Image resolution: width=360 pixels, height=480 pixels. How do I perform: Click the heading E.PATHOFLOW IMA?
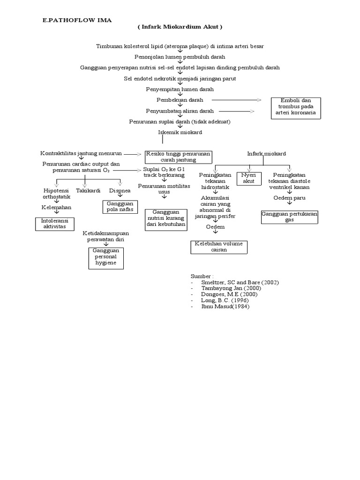click(77, 20)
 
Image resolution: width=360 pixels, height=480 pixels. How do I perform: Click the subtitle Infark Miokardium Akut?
click(180, 27)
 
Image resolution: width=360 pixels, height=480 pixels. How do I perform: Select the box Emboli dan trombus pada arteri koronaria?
click(296, 107)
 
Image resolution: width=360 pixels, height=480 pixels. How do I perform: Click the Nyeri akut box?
click(248, 179)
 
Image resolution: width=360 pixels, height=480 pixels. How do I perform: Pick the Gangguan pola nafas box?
click(120, 207)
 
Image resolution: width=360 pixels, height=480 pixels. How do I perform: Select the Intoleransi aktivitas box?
click(54, 224)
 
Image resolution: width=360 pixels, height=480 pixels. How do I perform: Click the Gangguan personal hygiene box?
click(106, 258)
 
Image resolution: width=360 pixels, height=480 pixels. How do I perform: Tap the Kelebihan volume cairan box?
click(219, 247)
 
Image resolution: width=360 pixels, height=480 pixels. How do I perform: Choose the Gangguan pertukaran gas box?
click(289, 217)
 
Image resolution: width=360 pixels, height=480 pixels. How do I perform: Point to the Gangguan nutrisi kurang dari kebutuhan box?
click(165, 219)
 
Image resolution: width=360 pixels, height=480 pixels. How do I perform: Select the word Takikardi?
click(88, 191)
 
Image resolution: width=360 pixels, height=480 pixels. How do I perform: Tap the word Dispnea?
click(120, 191)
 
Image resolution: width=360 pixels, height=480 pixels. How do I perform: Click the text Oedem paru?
click(289, 198)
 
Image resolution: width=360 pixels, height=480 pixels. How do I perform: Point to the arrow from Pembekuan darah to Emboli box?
click(237, 100)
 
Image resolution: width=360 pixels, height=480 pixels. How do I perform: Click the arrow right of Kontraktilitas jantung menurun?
click(133, 154)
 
